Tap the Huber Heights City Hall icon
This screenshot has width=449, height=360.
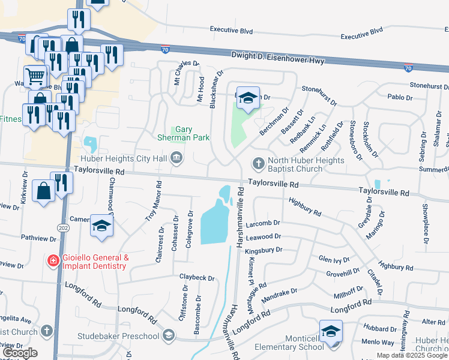pos(176,158)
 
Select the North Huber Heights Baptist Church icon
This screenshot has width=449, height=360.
pos(259,163)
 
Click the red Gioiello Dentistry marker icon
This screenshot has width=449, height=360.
pos(53,260)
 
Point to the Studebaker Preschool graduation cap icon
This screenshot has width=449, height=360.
pos(169,335)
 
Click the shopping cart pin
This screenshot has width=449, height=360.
pos(36,76)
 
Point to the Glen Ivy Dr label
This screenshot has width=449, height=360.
pos(334,259)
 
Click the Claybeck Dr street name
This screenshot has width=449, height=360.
pos(197,278)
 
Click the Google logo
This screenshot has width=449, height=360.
pos(20,353)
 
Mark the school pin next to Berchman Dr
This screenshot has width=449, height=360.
pos(247,98)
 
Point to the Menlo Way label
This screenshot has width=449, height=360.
pos(378,343)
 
